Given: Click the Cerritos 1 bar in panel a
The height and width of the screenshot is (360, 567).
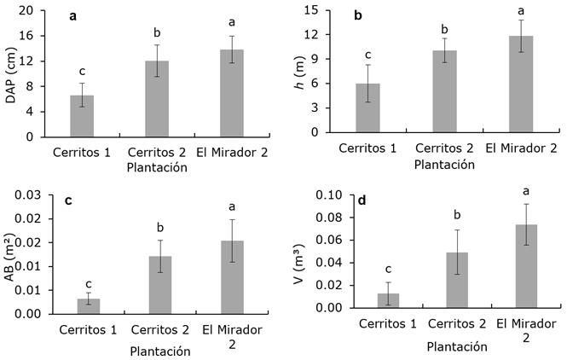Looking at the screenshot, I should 82,116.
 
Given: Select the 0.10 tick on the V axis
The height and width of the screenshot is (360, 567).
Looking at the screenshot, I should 329,195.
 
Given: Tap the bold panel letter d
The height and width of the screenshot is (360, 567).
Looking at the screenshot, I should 362,201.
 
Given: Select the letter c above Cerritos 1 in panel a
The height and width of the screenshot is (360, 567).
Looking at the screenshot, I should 82,70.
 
